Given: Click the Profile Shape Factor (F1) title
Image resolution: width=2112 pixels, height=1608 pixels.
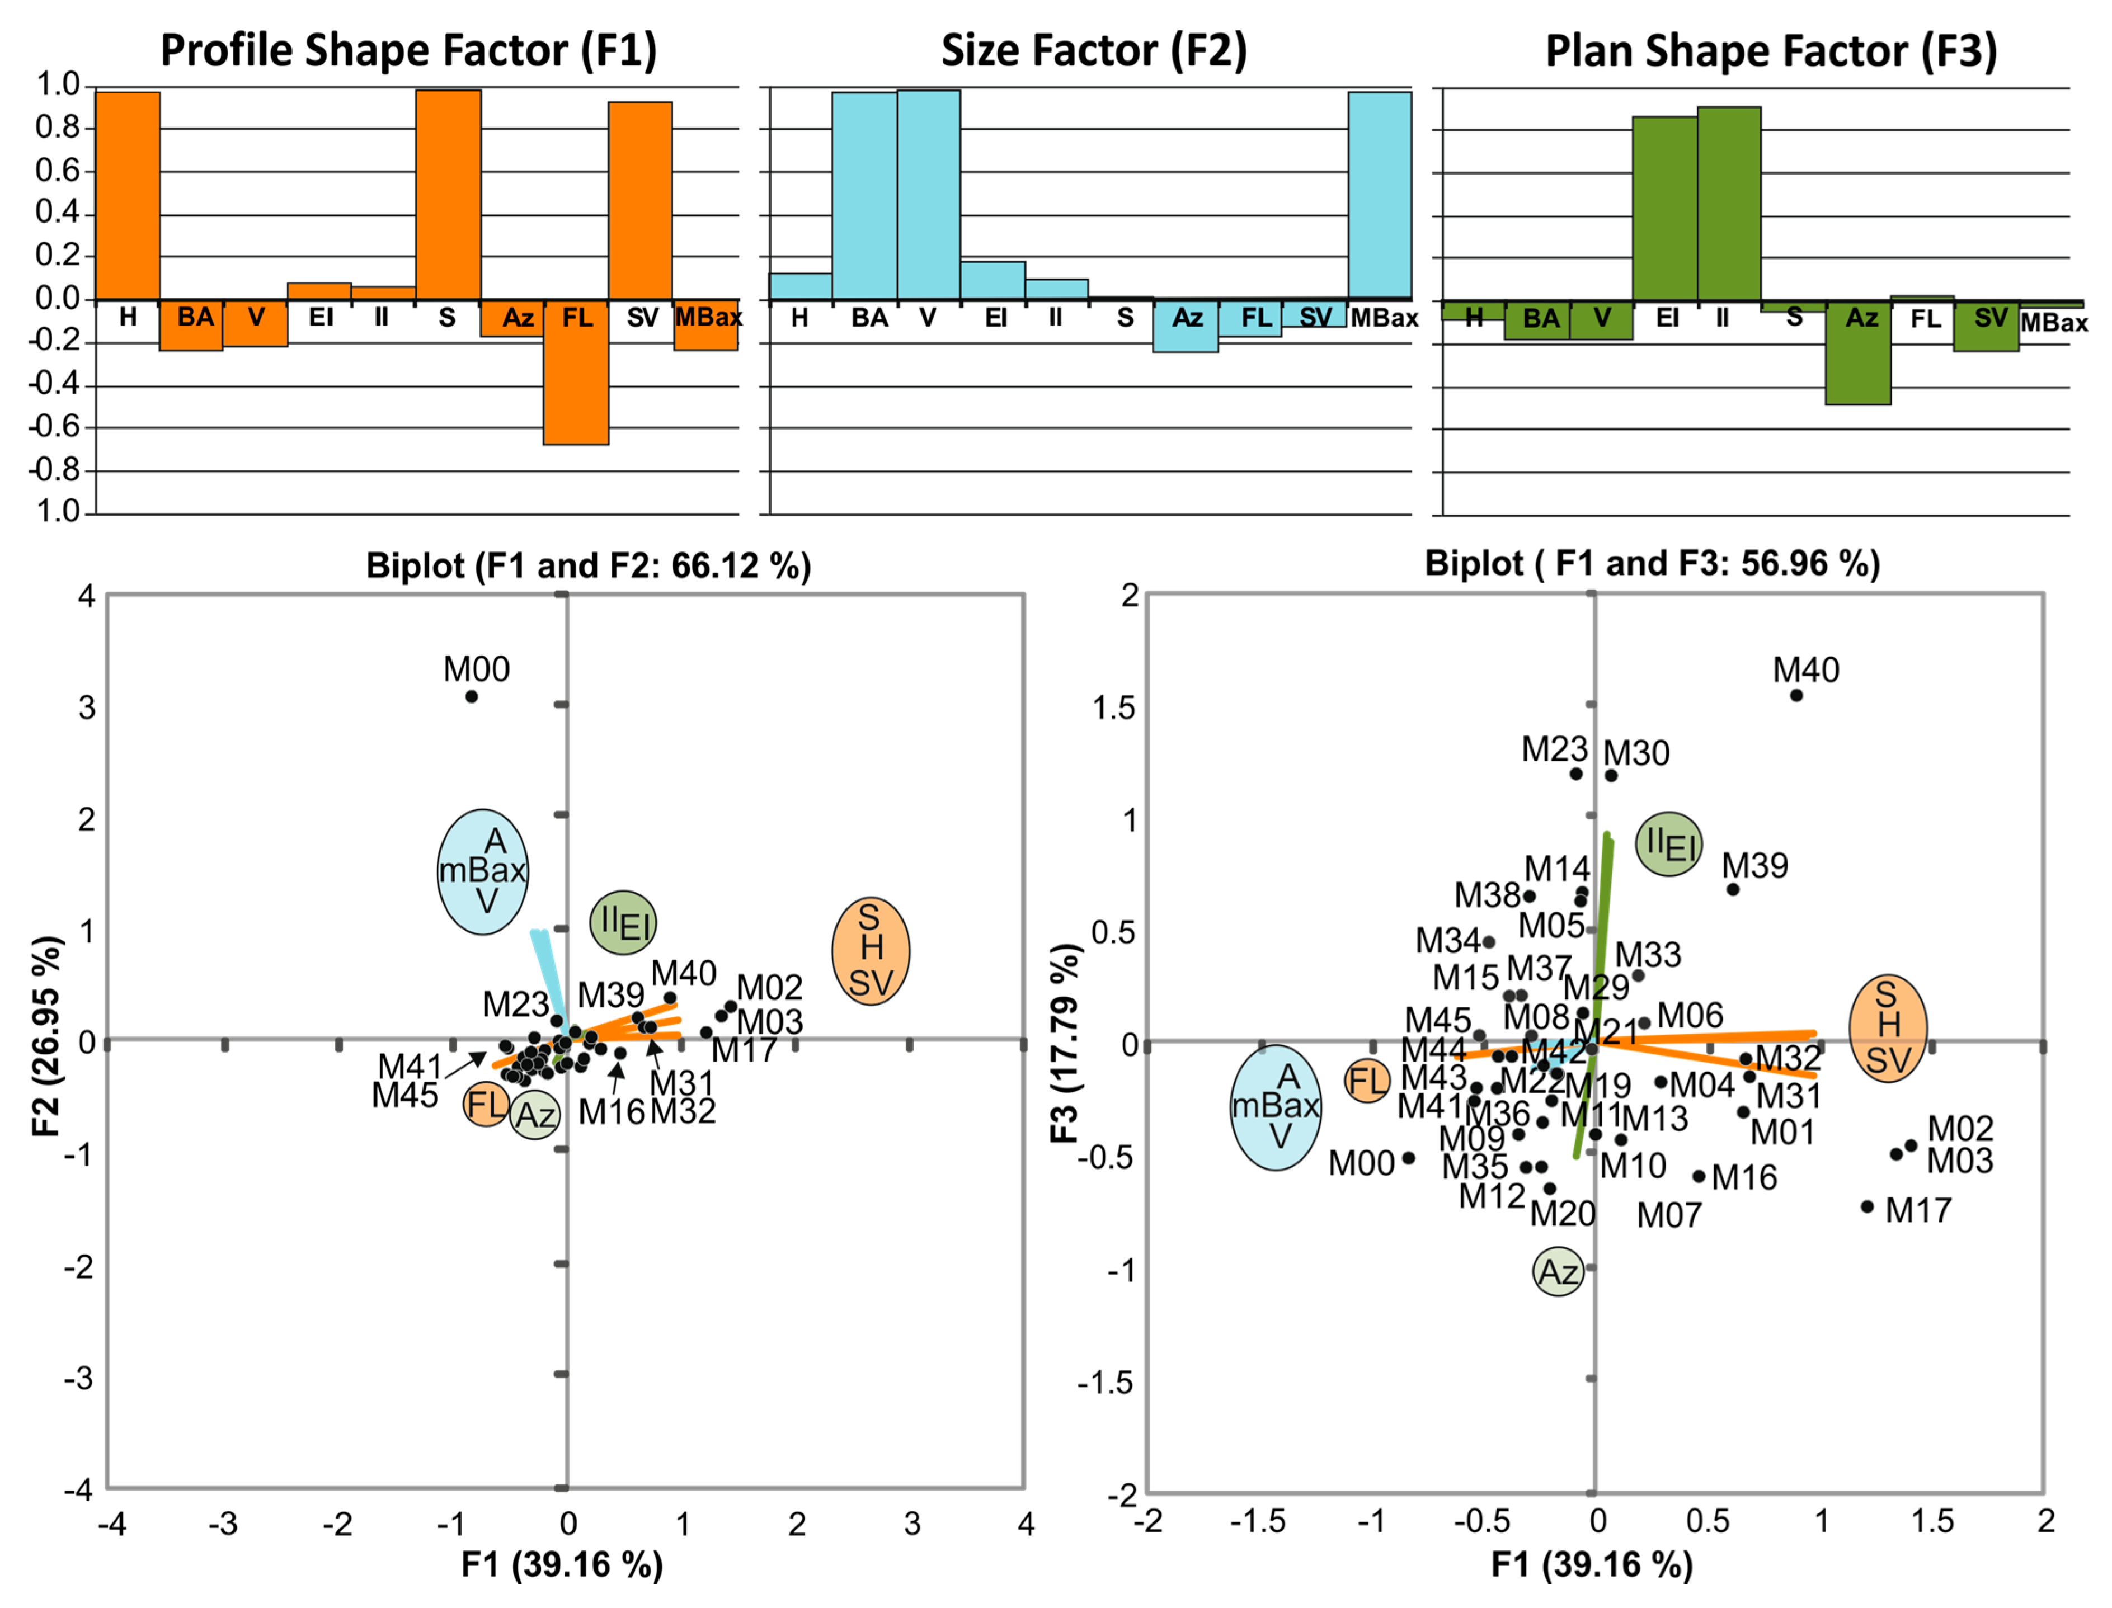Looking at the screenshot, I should coord(409,50).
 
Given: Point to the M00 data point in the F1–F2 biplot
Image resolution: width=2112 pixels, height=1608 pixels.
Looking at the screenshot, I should coord(471,697).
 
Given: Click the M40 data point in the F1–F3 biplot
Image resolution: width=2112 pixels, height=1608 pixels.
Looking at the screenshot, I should coord(1796,696).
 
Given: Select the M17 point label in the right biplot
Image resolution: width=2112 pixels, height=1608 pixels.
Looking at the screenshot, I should coord(1918,1211).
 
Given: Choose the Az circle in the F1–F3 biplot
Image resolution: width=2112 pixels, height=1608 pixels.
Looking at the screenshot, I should coord(1558,1272).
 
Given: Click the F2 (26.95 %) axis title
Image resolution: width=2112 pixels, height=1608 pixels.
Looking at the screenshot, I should coord(48,1036).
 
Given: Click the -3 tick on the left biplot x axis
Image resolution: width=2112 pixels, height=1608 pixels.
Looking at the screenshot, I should coord(223,1524).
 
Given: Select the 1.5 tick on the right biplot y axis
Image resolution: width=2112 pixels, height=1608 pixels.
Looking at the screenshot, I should coord(1113,708).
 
